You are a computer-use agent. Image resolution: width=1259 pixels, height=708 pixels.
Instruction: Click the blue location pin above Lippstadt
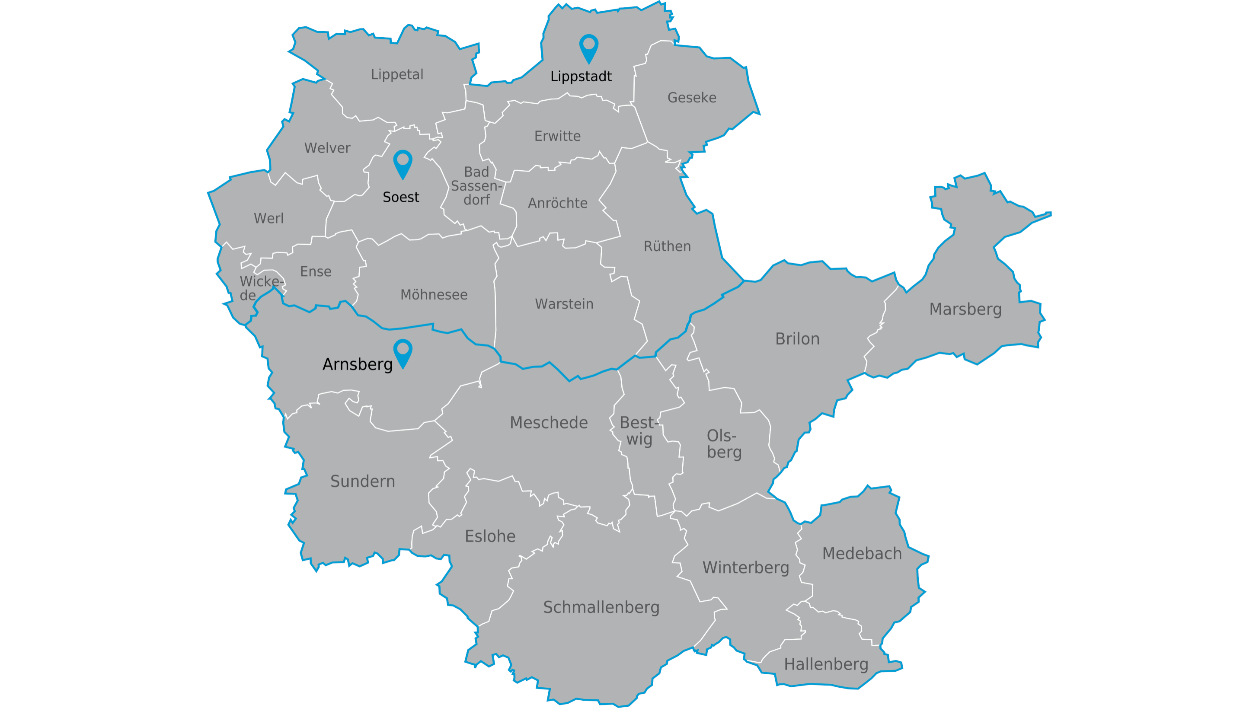[588, 48]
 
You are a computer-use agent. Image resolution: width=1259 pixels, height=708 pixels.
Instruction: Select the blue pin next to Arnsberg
[403, 352]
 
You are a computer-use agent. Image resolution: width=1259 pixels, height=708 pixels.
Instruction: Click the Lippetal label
[397, 74]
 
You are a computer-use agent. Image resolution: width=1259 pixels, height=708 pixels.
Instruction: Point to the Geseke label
[692, 98]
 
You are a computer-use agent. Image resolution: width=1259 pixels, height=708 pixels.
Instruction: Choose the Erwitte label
[557, 136]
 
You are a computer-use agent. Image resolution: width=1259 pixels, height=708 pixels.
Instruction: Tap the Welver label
[327, 148]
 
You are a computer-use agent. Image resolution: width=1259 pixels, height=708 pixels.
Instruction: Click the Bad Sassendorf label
[476, 186]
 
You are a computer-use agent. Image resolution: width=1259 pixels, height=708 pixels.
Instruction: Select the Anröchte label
[557, 203]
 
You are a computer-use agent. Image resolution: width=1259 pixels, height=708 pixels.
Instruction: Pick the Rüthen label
[667, 246]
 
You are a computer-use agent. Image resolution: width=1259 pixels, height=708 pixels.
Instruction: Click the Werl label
[268, 218]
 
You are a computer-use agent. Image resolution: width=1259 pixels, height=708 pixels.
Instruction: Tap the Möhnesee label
[434, 295]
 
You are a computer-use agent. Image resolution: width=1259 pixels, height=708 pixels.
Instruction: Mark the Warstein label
[564, 304]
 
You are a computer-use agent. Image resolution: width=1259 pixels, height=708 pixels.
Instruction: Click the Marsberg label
[965, 309]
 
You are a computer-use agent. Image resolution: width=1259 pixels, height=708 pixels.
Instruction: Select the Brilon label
[797, 338]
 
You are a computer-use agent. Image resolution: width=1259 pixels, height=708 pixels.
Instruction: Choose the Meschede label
[548, 423]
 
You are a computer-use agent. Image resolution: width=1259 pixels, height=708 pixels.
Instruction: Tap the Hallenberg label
[826, 664]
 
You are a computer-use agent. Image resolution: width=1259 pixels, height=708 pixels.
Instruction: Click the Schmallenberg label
[601, 607]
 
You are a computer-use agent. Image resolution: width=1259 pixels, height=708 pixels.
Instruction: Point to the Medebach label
[862, 554]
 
